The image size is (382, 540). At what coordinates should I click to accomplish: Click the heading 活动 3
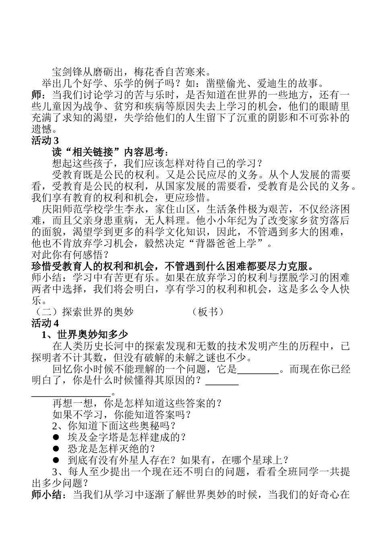click(x=45, y=141)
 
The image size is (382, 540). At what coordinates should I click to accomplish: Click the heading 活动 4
click(x=45, y=323)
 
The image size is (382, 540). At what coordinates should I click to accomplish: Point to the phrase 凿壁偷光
click(x=227, y=84)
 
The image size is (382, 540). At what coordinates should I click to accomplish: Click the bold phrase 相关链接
click(x=91, y=152)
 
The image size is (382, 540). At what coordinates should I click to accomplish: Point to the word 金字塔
click(x=103, y=437)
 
